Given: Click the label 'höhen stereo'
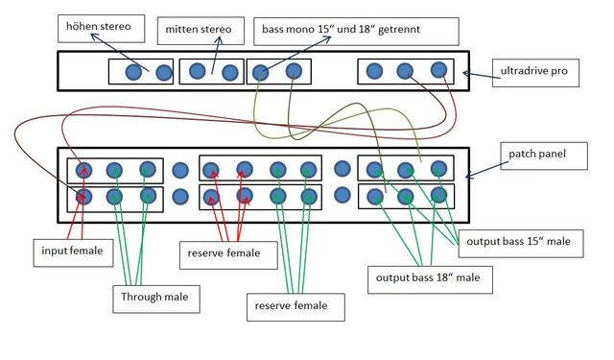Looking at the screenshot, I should [100, 28].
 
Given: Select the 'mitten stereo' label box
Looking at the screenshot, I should [197, 31].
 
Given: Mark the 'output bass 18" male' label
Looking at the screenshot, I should [428, 279].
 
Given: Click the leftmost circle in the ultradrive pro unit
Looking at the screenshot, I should [134, 72].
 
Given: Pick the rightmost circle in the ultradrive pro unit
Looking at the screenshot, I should [438, 69].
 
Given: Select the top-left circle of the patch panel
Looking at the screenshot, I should [83, 170].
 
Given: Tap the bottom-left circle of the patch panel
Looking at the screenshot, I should [83, 197].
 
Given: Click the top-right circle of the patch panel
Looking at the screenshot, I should [438, 168].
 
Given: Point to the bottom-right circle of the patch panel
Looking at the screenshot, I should [438, 196].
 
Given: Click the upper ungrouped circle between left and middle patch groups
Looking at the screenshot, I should [179, 171].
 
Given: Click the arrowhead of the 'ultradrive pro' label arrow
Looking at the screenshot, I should [465, 72].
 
